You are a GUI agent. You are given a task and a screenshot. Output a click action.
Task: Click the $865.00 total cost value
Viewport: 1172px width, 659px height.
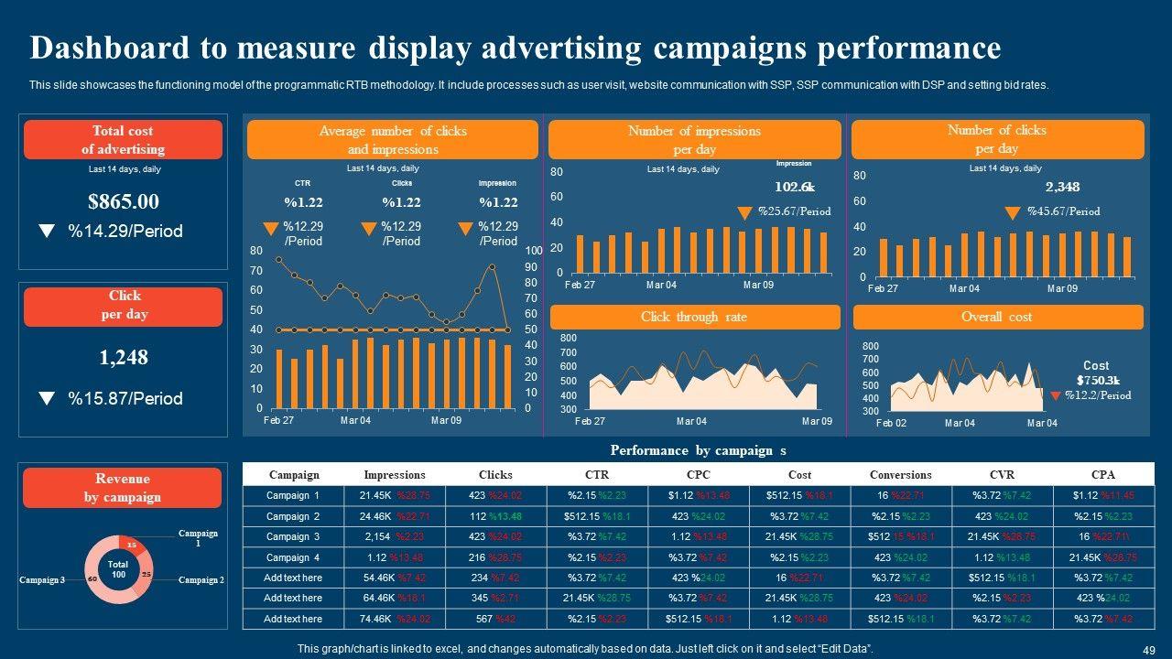tap(124, 201)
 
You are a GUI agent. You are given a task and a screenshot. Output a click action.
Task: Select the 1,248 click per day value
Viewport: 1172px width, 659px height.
tap(124, 357)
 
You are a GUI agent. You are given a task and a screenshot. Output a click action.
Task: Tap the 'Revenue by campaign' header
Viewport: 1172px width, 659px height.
tap(123, 488)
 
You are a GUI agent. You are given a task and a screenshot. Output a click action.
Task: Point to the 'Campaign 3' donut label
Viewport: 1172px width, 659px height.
tap(42, 580)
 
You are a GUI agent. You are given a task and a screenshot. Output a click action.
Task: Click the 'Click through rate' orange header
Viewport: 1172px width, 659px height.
tap(694, 317)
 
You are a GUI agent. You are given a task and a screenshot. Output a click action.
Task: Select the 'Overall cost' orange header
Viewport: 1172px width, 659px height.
tap(997, 317)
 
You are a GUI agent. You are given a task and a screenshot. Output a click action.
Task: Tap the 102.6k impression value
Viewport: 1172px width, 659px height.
tap(794, 187)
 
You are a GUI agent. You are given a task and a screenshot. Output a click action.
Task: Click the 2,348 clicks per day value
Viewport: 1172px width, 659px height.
tap(1062, 187)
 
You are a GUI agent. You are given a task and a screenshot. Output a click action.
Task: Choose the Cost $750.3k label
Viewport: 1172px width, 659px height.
tap(1097, 373)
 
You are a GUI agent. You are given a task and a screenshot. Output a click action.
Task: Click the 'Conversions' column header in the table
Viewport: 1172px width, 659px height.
tap(901, 475)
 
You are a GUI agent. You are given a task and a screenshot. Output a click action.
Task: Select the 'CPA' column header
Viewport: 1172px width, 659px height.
tap(1103, 475)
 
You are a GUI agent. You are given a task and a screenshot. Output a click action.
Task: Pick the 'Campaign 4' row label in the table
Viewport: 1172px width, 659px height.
tap(293, 557)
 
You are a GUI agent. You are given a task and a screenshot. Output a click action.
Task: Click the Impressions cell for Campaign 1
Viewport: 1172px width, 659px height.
tap(395, 495)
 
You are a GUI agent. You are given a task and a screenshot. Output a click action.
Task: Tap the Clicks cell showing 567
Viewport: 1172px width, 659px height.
tap(495, 619)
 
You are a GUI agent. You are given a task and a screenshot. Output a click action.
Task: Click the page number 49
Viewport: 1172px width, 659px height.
tap(1149, 649)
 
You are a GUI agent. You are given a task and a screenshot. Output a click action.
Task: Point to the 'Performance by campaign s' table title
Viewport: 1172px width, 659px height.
tap(699, 450)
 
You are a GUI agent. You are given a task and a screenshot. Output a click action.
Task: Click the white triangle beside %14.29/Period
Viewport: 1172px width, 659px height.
tap(46, 232)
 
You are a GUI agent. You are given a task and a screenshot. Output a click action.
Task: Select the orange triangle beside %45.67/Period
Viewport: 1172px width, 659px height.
tap(1012, 213)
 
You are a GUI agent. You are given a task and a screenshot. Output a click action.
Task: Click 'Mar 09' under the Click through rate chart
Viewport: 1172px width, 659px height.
tap(817, 421)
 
